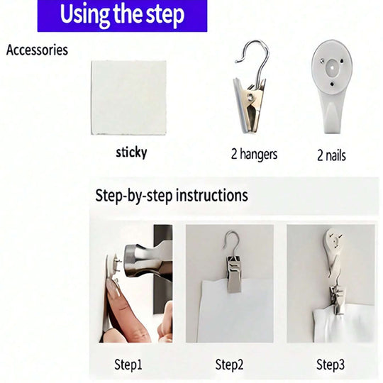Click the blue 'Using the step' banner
(122, 16)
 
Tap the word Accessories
(37, 50)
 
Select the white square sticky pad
(128, 98)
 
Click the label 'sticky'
(131, 152)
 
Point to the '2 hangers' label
(255, 155)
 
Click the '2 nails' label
(331, 155)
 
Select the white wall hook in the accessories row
(332, 87)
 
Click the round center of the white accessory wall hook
(332, 67)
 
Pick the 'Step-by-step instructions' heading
(172, 196)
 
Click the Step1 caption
(128, 365)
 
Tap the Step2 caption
(229, 365)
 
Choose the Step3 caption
(331, 365)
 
